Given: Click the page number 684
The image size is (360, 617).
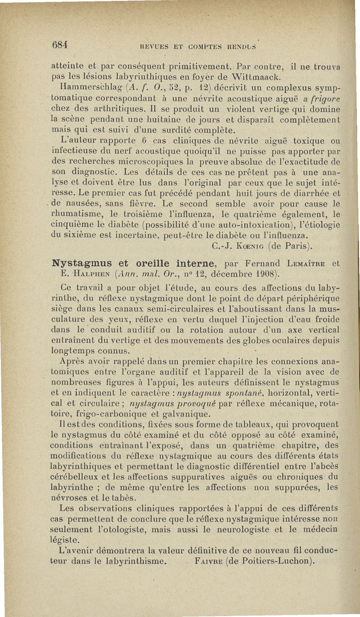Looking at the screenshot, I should (60, 45).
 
